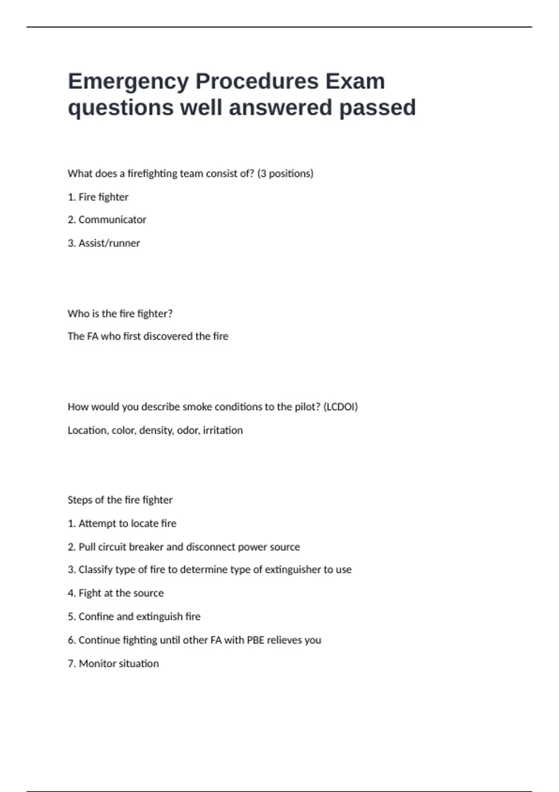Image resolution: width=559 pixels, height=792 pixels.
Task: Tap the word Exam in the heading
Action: pos(354,82)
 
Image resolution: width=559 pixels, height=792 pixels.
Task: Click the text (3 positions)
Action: pos(285,174)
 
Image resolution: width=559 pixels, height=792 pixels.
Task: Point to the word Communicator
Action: pos(112,220)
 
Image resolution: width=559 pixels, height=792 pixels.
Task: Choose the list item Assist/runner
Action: pos(109,243)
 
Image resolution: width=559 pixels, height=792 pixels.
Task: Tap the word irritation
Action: pos(223,430)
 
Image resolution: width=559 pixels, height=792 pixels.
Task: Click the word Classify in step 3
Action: pos(95,570)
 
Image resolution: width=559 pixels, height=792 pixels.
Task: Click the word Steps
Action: pos(80,500)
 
